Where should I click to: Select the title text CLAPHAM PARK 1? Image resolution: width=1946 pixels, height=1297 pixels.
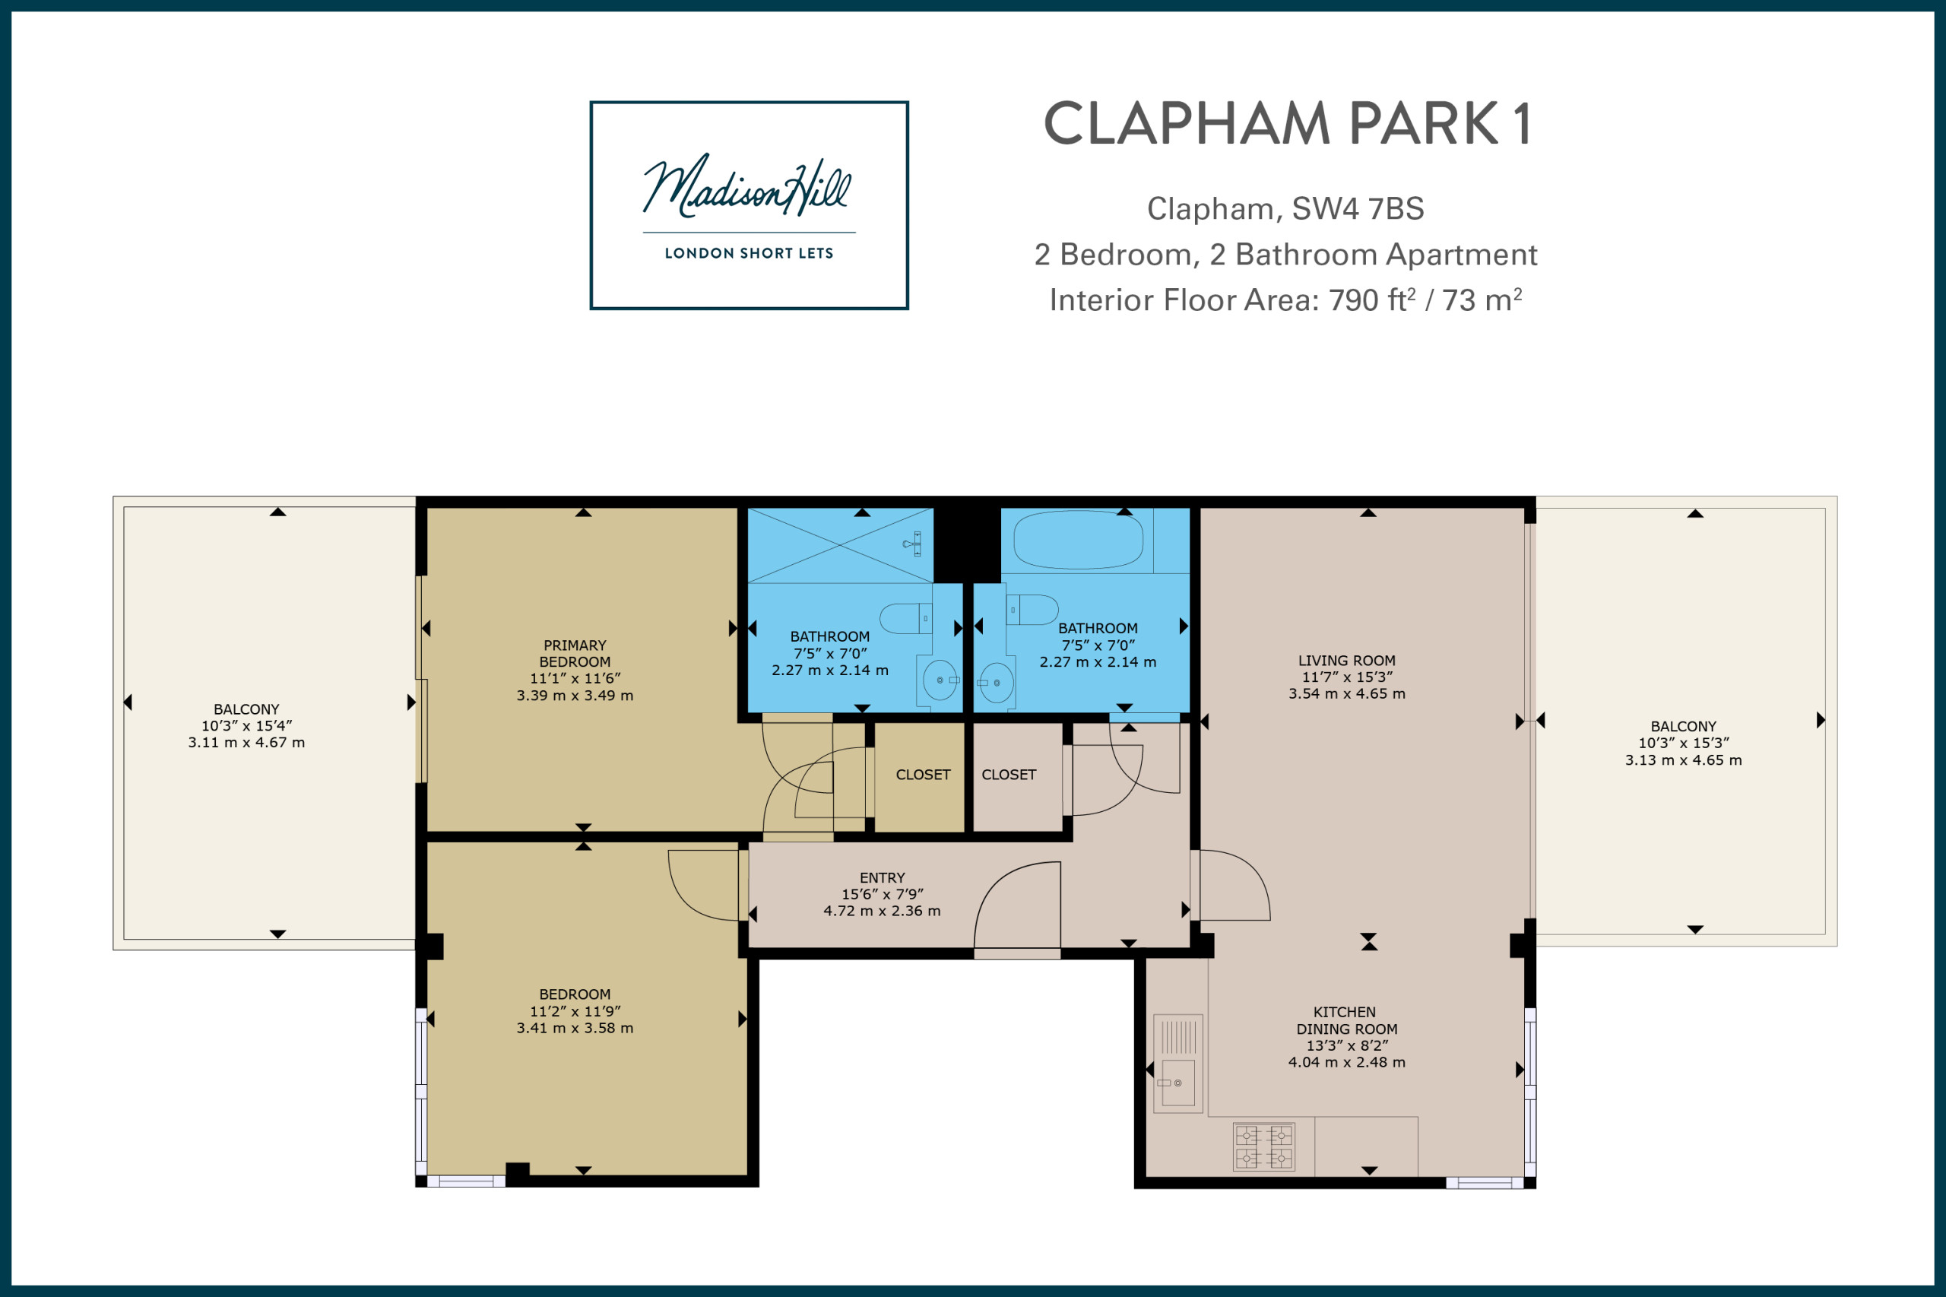pyautogui.click(x=1287, y=124)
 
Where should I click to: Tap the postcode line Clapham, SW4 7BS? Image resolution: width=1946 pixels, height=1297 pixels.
pyautogui.click(x=1285, y=208)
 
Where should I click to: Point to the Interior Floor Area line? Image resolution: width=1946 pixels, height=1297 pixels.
pyautogui.click(x=1285, y=300)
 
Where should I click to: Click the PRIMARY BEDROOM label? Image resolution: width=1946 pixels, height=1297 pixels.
pyautogui.click(x=575, y=654)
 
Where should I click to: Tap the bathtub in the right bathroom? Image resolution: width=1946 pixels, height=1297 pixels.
pyautogui.click(x=1079, y=540)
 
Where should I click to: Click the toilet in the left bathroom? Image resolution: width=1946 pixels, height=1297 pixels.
pyautogui.click(x=905, y=618)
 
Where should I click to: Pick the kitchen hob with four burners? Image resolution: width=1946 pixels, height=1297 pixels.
pyautogui.click(x=1263, y=1146)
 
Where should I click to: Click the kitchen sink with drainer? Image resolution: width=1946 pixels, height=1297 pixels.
pyautogui.click(x=1178, y=1063)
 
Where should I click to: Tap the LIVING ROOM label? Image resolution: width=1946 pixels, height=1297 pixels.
pyautogui.click(x=1346, y=661)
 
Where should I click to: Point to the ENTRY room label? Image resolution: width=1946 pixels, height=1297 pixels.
pyautogui.click(x=883, y=877)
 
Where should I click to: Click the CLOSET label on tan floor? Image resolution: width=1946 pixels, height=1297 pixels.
pyautogui.click(x=923, y=775)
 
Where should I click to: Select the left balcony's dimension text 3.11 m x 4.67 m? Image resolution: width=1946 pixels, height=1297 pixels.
pyautogui.click(x=246, y=743)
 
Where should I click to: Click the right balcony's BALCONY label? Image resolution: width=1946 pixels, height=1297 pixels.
pyautogui.click(x=1683, y=726)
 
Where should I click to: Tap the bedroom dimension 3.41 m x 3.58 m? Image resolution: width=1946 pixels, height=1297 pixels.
pyautogui.click(x=575, y=1028)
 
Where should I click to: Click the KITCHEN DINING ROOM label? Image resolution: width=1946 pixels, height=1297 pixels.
pyautogui.click(x=1346, y=1021)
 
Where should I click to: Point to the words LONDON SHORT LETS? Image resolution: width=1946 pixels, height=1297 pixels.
pyautogui.click(x=749, y=253)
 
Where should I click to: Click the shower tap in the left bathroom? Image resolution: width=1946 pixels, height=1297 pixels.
pyautogui.click(x=913, y=544)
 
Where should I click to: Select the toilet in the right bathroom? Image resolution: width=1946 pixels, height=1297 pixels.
pyautogui.click(x=1032, y=610)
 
